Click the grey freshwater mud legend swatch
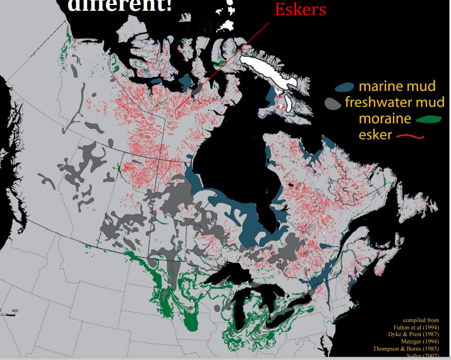[x=333, y=103]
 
